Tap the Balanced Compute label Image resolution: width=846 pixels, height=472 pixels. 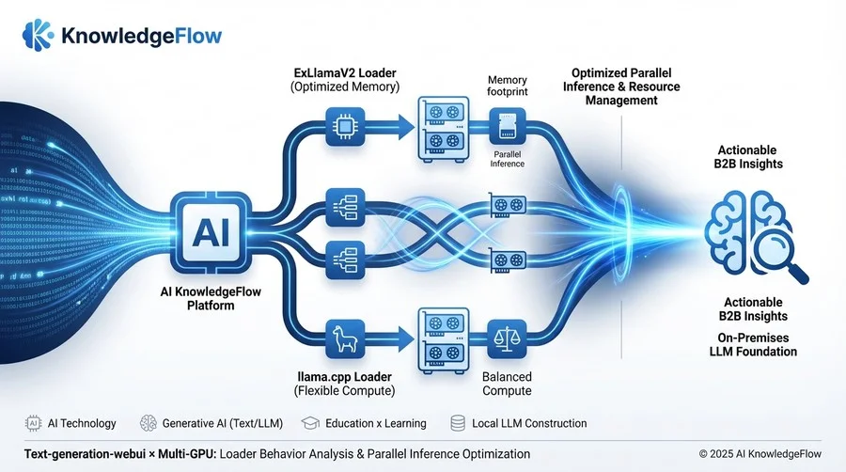(x=507, y=384)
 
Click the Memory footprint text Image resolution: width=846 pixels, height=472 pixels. (x=508, y=87)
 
